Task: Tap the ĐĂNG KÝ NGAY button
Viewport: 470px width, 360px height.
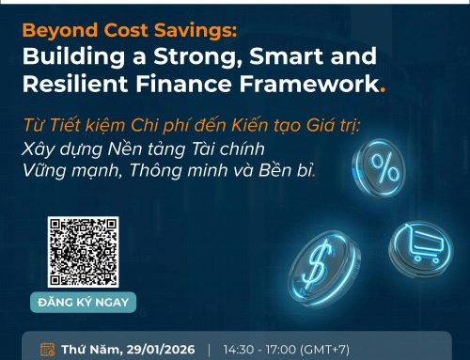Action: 83,302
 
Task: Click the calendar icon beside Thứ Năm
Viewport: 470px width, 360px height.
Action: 48,350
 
